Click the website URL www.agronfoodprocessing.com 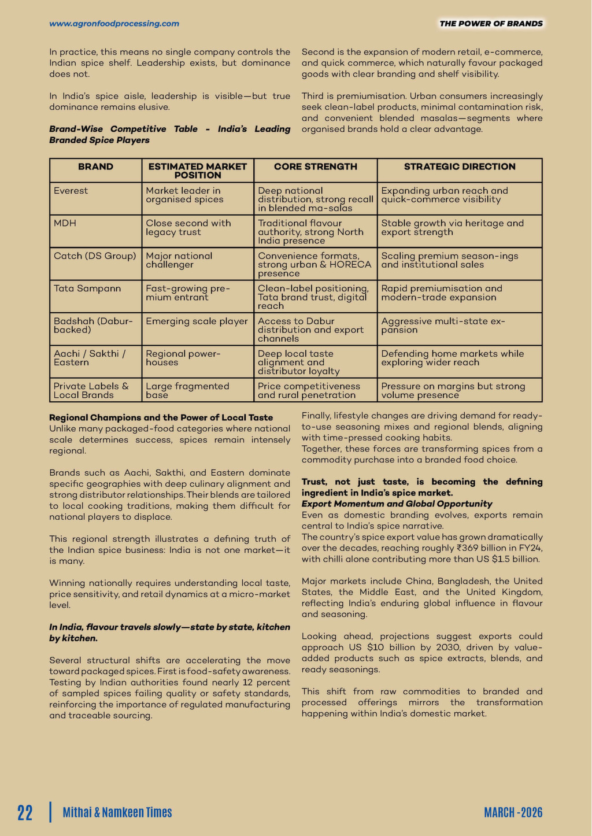pos(114,24)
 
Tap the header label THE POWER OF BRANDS pos(491,24)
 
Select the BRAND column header pos(95,167)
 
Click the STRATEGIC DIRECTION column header pos(460,167)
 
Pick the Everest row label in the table pos(71,191)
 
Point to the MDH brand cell pos(65,223)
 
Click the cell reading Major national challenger pos(179,260)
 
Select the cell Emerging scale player pos(197,321)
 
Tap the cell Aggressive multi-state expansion pos(443,325)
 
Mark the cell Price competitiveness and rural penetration pos(309,391)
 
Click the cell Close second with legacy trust pos(188,228)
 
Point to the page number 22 pos(25,812)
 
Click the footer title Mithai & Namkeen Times pos(117,812)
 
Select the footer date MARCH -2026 pos(513,812)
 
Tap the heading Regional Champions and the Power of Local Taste pos(161,417)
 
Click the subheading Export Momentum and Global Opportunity pos(397,504)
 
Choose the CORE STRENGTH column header pos(316,167)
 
